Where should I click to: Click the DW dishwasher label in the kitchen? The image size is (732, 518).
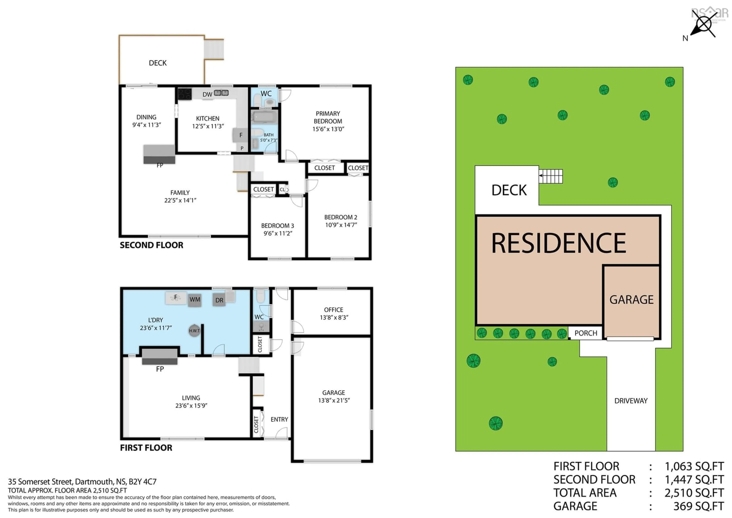click(207, 94)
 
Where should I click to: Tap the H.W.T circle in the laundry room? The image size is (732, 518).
click(194, 331)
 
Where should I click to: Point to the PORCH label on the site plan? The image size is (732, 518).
click(586, 333)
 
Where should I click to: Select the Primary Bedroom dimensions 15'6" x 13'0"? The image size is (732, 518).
click(328, 129)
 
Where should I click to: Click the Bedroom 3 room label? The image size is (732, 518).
click(277, 226)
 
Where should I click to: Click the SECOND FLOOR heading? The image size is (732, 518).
click(151, 245)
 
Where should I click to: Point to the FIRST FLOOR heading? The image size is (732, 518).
click(146, 448)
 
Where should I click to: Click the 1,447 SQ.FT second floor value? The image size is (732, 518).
click(694, 480)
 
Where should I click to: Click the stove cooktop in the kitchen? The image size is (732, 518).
click(185, 94)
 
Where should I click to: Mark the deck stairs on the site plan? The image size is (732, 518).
click(551, 176)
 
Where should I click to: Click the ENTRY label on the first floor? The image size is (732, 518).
click(279, 419)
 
